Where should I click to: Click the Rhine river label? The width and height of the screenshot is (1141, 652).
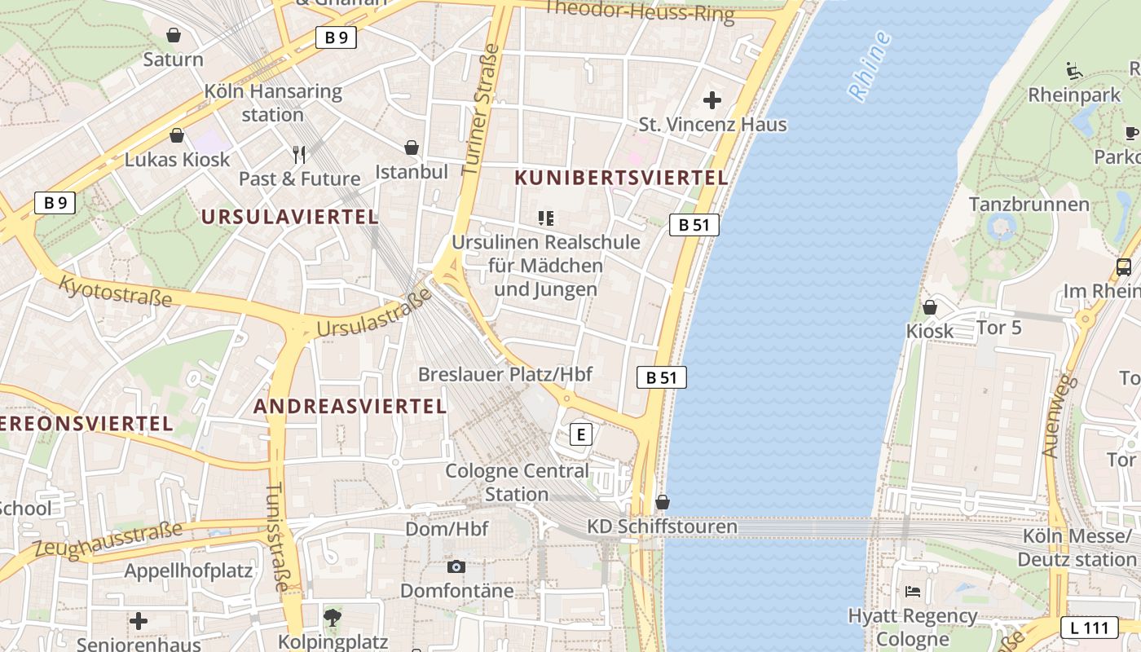click(x=870, y=66)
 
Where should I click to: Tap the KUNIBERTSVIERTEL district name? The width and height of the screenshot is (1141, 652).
click(x=621, y=178)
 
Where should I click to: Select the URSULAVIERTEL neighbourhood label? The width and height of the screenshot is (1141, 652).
click(x=289, y=217)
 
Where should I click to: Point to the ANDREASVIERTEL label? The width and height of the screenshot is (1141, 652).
click(x=350, y=406)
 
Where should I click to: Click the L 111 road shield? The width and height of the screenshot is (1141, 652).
click(x=1089, y=628)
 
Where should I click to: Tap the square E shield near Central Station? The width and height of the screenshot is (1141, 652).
click(x=580, y=434)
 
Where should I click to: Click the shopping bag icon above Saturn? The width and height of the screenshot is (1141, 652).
click(x=174, y=36)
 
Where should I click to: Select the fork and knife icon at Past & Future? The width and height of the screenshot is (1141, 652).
click(x=299, y=154)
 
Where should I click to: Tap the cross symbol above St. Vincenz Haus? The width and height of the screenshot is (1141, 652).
click(x=712, y=100)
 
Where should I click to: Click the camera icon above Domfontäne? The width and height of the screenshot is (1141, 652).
click(x=456, y=566)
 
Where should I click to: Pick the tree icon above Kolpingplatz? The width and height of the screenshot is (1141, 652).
click(x=332, y=617)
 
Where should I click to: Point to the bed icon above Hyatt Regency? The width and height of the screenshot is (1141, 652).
click(x=913, y=591)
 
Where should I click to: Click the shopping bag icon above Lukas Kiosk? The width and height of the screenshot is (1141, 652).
click(x=177, y=136)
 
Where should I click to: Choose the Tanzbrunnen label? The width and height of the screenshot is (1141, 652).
click(x=1029, y=204)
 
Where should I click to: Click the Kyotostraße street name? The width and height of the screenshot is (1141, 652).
click(x=116, y=291)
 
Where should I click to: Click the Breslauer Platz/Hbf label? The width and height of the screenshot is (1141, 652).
click(x=504, y=374)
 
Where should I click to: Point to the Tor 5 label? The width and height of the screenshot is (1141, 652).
click(x=998, y=328)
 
